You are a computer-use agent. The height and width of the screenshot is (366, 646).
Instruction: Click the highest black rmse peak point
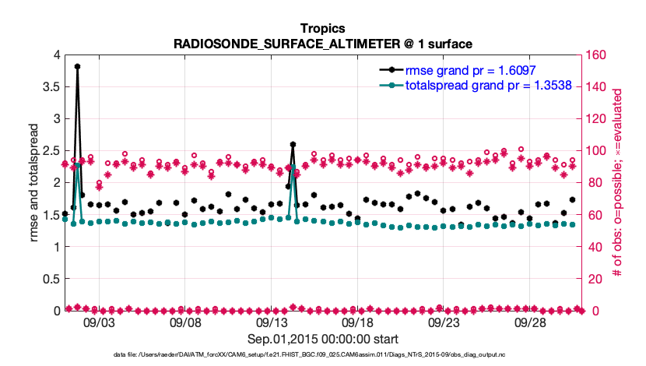click(77, 67)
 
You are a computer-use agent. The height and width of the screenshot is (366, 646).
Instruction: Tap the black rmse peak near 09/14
click(293, 144)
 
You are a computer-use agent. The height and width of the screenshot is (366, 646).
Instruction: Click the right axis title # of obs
click(616, 183)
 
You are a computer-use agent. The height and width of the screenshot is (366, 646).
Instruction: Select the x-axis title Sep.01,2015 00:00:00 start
click(323, 339)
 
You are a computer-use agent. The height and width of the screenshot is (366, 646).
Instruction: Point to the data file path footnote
click(323, 355)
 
